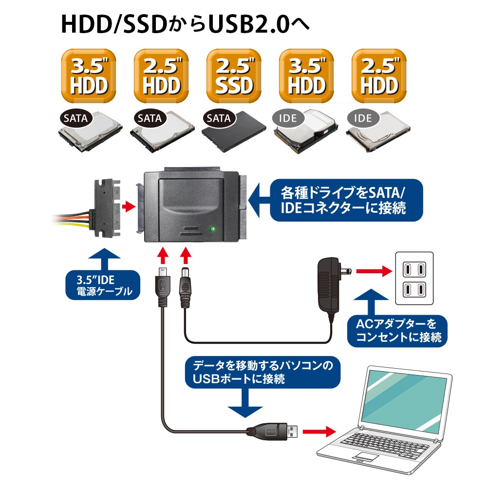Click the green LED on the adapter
click(212, 229)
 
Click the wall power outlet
click(413, 278)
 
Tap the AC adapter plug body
click(330, 284)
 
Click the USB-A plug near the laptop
click(273, 431)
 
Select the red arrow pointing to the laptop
click(319, 431)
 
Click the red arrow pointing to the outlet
click(373, 271)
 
